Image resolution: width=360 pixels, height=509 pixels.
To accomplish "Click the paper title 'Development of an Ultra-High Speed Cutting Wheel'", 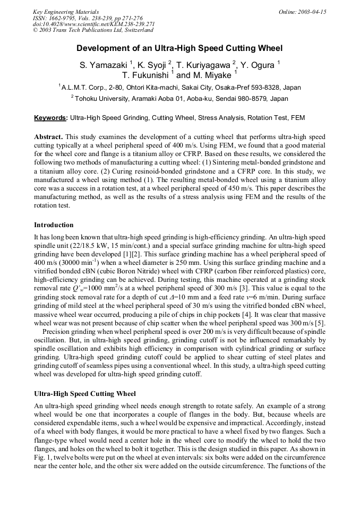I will coord(180,48).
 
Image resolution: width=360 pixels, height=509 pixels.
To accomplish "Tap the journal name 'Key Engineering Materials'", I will coord(66,12).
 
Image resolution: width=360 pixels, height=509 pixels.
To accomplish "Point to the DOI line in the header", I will coord(93,24).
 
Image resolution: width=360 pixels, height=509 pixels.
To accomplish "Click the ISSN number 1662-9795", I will coord(64,18).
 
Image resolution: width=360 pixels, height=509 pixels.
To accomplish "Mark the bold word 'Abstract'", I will coord(48,137).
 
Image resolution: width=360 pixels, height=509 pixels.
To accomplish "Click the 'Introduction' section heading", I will coord(54,225).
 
